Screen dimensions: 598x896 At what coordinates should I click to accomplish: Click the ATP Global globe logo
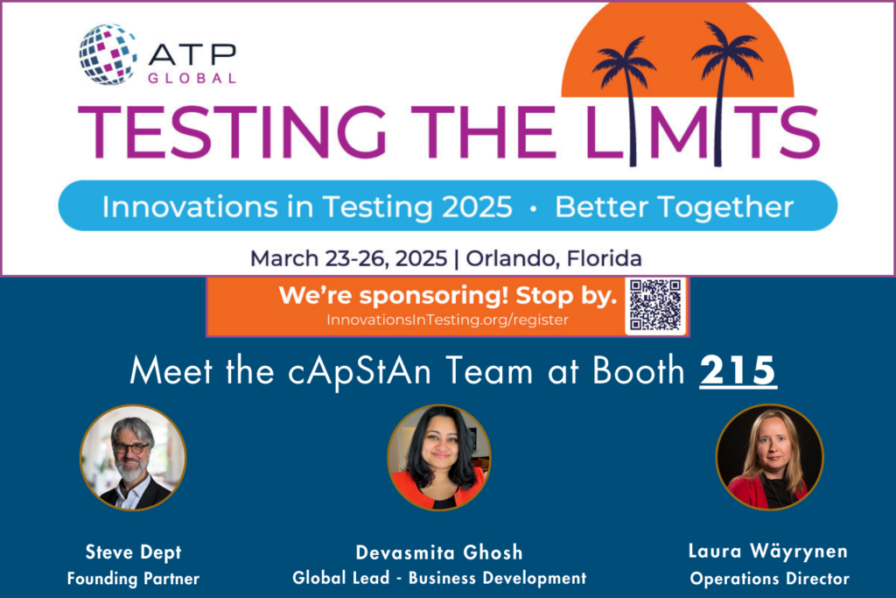(108, 54)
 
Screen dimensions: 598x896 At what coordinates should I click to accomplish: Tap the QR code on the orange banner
(654, 306)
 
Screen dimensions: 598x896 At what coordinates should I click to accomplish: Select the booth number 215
(738, 371)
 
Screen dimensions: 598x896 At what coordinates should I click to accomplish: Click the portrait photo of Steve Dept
(133, 458)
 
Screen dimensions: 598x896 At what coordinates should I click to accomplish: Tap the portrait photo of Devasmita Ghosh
(439, 458)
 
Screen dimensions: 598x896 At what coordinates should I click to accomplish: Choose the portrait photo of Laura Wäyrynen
(769, 457)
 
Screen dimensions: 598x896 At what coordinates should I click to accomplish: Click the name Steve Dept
(133, 552)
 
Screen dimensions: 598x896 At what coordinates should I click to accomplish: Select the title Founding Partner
(133, 579)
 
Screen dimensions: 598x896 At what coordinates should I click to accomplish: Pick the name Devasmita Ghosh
(439, 552)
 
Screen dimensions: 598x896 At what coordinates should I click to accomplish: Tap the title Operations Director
(769, 579)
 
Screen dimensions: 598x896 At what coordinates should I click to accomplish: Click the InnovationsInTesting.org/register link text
(447, 320)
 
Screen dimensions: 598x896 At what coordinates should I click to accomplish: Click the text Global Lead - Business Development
(439, 578)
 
